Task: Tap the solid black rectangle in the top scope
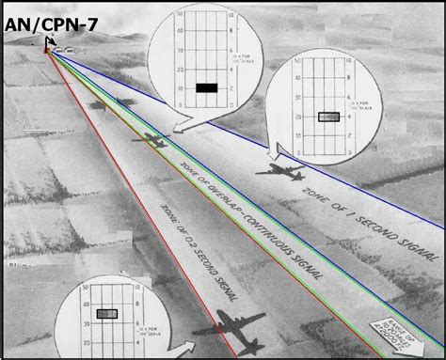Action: (x=207, y=88)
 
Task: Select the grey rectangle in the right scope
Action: (x=328, y=117)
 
